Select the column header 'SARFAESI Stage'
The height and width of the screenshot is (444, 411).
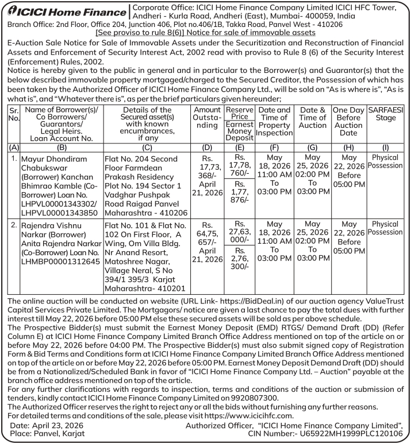385,114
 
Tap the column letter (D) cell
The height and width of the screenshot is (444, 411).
208,147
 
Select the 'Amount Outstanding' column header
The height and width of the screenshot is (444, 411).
208,118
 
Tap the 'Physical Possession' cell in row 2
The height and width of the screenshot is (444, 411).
385,228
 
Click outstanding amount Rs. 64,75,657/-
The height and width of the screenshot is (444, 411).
208,239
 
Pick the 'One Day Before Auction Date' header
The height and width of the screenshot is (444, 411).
348,122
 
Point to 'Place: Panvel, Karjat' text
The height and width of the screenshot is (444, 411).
47,434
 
